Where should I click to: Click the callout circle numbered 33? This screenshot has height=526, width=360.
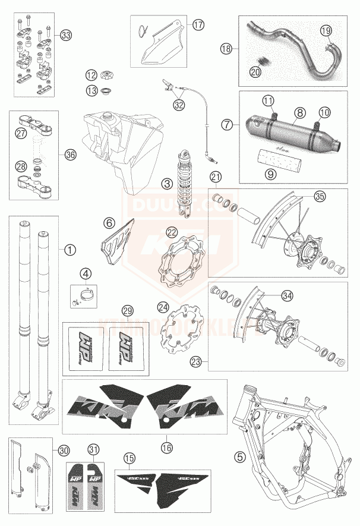(65, 35)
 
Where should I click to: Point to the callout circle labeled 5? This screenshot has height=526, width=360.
(239, 456)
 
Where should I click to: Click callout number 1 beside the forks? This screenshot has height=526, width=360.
(71, 250)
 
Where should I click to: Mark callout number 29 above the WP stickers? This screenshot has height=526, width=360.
(127, 310)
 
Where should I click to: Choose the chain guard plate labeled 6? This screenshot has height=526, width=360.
(116, 250)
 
